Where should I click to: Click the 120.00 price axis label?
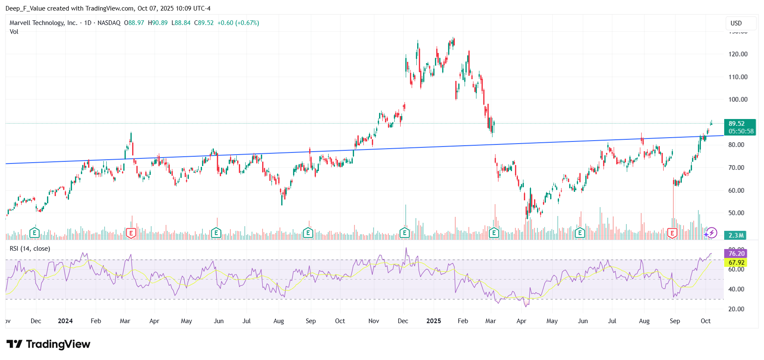[x=738, y=54]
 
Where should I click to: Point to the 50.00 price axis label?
[x=736, y=213]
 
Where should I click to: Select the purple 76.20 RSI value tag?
[x=736, y=253]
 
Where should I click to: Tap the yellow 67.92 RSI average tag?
[x=736, y=263]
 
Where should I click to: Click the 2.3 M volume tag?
[x=736, y=235]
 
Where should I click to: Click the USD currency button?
[x=736, y=23]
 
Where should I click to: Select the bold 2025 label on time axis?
[x=434, y=321]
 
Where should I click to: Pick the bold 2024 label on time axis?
[x=65, y=321]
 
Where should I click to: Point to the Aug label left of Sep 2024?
[x=279, y=321]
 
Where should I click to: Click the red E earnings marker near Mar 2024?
[x=131, y=233]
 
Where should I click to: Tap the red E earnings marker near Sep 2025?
[x=672, y=233]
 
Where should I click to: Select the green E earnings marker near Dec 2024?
[x=404, y=233]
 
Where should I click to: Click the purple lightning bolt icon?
[x=712, y=233]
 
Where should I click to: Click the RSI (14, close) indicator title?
[x=30, y=249]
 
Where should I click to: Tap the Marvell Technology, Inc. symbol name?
[x=43, y=23]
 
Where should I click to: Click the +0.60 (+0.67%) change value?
[x=238, y=23]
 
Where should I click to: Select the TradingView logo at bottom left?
[x=48, y=344]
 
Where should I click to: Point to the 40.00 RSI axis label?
[x=736, y=289]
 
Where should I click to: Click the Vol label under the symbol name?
[x=14, y=32]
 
